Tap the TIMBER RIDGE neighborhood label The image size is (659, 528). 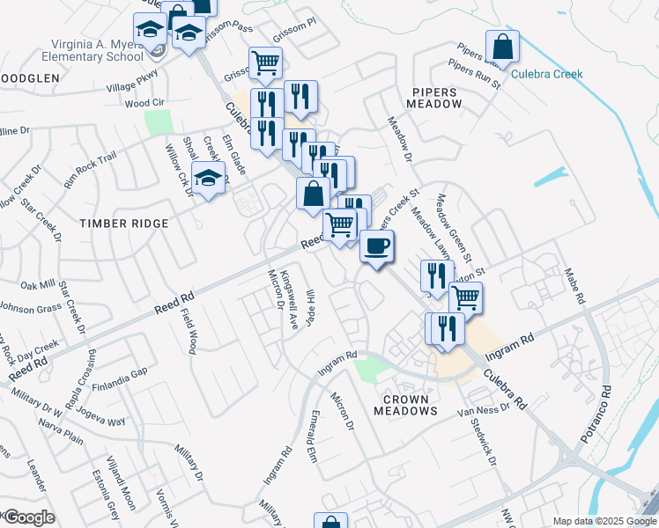coord(124,224)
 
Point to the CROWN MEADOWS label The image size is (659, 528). coord(406,405)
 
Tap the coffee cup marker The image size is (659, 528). coord(377,247)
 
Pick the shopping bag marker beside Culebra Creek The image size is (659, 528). coord(502,47)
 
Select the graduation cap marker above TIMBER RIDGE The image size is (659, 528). coord(208,180)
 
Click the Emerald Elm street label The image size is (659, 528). coord(310,433)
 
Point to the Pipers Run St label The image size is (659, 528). coord(474,74)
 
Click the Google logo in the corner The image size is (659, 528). coord(29,517)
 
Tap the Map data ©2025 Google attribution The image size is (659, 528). coord(604,521)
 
